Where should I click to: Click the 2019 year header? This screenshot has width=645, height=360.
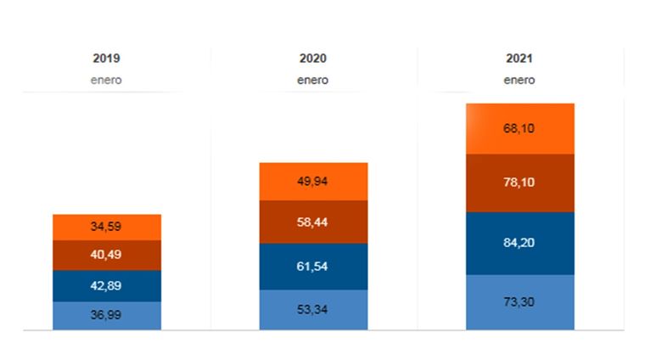[x=106, y=59]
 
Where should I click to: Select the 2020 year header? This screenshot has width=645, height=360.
[x=313, y=59]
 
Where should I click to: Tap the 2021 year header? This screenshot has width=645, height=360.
[x=519, y=59]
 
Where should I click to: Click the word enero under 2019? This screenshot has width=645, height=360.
[x=106, y=81]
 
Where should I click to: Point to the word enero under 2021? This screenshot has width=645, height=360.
[x=519, y=81]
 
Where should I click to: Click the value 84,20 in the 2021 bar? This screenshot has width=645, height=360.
[x=520, y=243]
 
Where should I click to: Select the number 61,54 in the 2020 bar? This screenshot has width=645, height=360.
[x=313, y=267]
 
